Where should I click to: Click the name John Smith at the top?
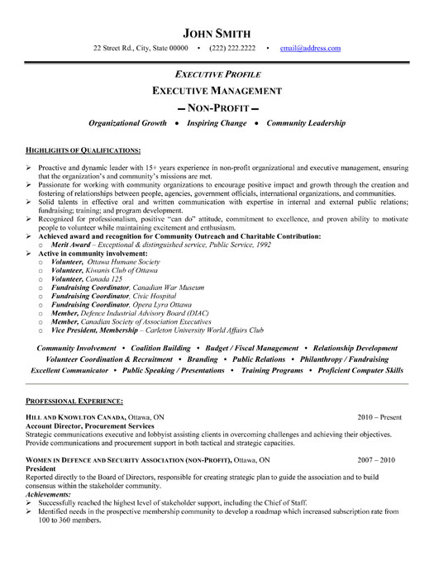pos(217,34)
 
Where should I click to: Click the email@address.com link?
pos(310,49)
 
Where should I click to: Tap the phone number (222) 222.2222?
pos(232,49)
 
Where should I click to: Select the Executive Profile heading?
pos(217,74)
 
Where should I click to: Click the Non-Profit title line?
pos(217,107)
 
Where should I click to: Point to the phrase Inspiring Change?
pos(217,123)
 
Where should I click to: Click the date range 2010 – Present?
pos(381,416)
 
